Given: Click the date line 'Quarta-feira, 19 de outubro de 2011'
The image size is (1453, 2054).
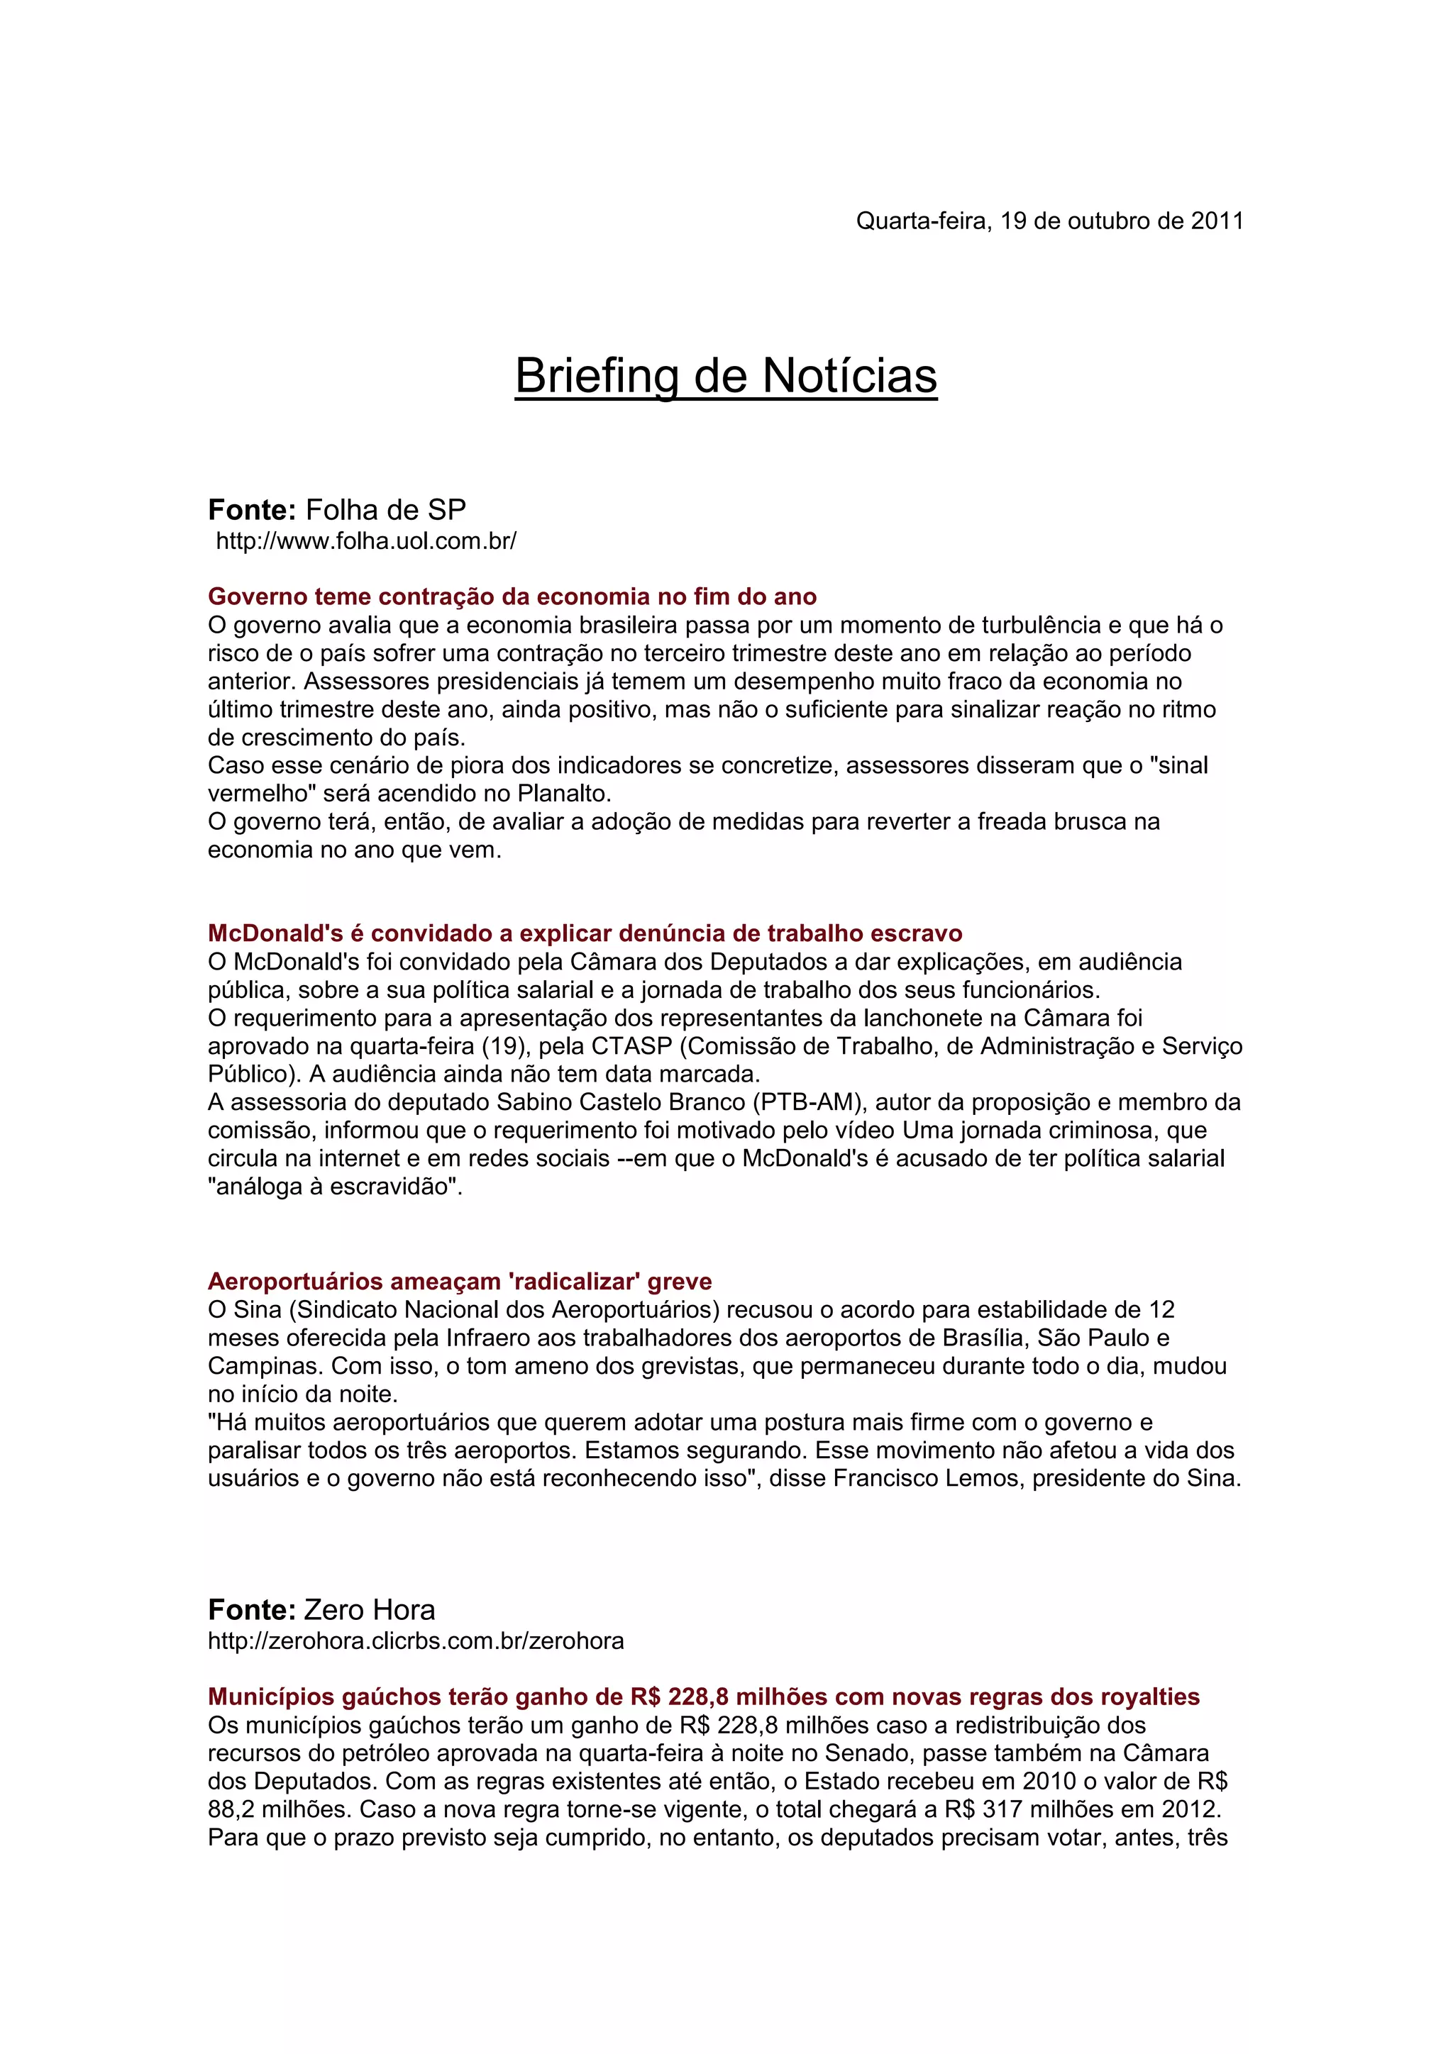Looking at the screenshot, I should (1049, 221).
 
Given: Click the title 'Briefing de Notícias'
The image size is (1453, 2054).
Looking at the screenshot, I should (726, 376).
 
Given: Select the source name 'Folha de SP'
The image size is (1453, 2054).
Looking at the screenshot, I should (386, 510).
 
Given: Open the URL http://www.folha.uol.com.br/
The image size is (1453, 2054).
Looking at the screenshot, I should (366, 541).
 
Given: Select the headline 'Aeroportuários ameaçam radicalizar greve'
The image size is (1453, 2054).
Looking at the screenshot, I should (460, 1281).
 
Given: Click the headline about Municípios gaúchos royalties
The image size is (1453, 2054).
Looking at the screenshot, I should (703, 1697).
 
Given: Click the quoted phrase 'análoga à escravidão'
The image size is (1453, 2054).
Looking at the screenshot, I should (333, 1187).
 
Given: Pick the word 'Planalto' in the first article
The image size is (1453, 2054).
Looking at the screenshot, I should (563, 794).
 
